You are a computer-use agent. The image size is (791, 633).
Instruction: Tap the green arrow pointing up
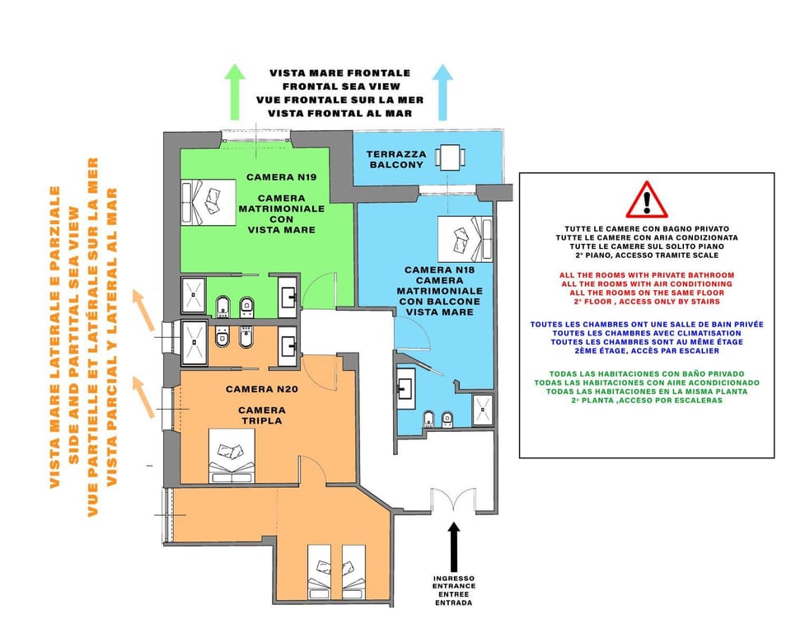click(x=236, y=93)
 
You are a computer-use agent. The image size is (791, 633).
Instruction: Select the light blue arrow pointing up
click(x=443, y=93)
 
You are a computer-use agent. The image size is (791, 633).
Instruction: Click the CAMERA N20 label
click(x=259, y=388)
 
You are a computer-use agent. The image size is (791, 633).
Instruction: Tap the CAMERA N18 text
click(x=438, y=270)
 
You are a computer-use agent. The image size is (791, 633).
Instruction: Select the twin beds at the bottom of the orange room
click(x=337, y=569)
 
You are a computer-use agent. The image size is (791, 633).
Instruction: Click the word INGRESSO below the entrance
click(x=454, y=579)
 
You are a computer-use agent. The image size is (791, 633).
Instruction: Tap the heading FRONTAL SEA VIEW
click(x=340, y=86)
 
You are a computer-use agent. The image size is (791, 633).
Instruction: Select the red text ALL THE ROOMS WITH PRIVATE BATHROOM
click(x=646, y=274)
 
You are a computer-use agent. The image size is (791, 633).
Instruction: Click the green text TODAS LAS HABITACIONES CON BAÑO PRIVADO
click(x=646, y=374)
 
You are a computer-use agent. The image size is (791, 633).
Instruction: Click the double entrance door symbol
click(x=452, y=501)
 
